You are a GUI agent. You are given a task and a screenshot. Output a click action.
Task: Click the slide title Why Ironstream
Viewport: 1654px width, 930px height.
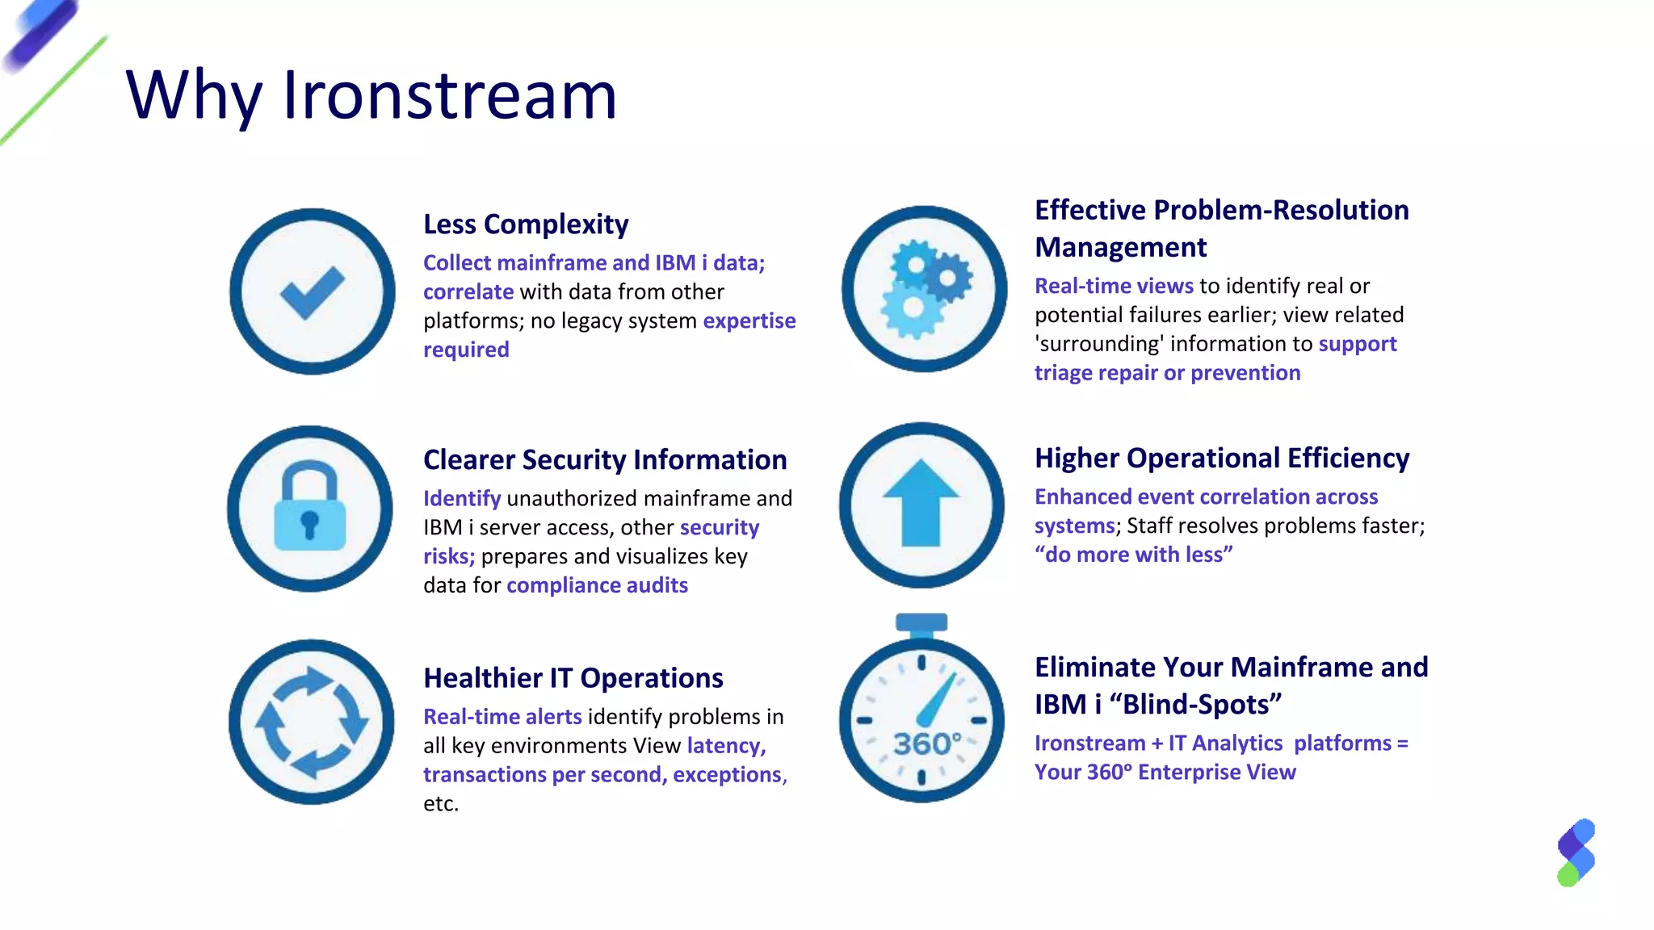tap(372, 95)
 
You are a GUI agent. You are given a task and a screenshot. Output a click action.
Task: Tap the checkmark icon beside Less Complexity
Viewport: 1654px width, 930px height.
tap(313, 291)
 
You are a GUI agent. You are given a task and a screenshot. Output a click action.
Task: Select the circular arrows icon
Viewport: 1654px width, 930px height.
tap(312, 722)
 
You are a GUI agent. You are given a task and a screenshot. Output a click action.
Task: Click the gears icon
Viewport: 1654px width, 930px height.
tap(925, 289)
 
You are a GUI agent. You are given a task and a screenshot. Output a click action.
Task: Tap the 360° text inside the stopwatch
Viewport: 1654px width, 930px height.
tap(927, 744)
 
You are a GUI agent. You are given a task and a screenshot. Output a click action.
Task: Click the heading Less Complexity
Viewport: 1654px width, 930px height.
tap(526, 224)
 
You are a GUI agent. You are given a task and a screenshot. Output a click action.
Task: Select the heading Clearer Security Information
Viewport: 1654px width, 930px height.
tap(605, 460)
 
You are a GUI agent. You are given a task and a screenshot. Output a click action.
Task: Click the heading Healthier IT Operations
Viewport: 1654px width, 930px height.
tap(573, 678)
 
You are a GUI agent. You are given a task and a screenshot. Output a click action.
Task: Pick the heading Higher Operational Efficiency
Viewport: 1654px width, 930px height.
tap(1222, 459)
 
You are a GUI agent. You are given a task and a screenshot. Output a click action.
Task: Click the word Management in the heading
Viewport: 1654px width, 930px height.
tap(1121, 247)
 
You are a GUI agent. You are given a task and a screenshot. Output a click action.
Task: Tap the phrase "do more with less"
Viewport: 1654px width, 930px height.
tap(1134, 555)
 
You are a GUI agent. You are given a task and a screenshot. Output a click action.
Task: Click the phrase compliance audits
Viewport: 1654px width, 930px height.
tap(597, 585)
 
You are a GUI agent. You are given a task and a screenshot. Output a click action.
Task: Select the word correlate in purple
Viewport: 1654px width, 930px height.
tap(468, 292)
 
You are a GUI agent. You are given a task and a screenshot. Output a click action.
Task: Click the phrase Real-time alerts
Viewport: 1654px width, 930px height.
tap(502, 717)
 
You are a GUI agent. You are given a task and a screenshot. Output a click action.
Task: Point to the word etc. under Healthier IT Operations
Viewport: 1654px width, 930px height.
tap(441, 804)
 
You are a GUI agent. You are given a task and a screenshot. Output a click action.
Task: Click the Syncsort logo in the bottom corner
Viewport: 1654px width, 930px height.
tap(1576, 852)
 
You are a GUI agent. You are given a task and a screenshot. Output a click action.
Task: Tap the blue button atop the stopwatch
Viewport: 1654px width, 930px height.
tap(921, 622)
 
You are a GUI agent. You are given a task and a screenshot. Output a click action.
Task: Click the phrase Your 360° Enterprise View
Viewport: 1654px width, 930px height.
tap(1165, 773)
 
